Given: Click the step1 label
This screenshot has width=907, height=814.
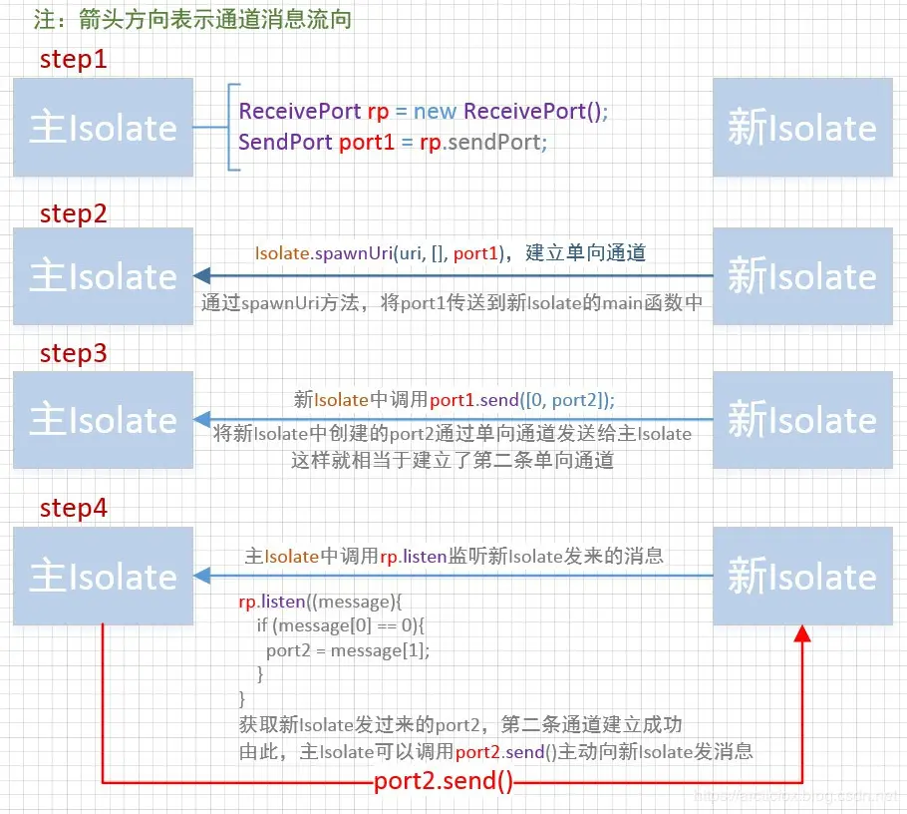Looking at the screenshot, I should (73, 60).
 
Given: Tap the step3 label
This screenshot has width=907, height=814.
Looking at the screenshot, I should (73, 353).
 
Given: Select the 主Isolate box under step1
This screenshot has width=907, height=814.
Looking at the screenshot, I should (103, 128).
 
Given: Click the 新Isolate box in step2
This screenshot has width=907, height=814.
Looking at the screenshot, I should (801, 276).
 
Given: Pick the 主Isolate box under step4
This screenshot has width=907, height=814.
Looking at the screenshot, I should (103, 576).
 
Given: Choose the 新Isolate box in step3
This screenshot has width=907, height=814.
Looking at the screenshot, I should (801, 420).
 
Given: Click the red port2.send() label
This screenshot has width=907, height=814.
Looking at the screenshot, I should (444, 781).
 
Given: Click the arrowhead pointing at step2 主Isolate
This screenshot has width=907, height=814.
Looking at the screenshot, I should (201, 276).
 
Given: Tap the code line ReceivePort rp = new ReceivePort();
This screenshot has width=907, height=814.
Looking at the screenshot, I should (424, 111).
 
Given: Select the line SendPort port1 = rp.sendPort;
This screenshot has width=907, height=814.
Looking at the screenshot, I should (394, 142).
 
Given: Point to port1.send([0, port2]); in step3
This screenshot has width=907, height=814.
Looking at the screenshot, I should (522, 399).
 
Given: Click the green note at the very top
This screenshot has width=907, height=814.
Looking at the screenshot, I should (186, 19).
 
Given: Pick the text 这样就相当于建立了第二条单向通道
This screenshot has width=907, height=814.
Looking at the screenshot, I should (452, 460).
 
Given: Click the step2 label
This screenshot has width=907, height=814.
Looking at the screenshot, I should (73, 212).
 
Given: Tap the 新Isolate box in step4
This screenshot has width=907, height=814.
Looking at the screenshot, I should (801, 576).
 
